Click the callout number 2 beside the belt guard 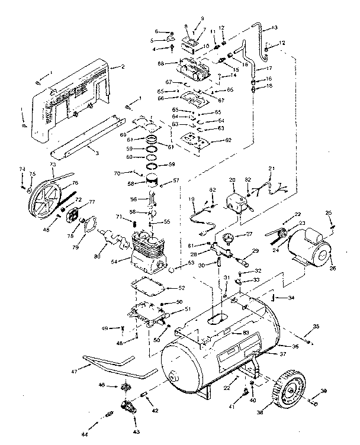click(122, 67)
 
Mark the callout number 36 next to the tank click(295, 346)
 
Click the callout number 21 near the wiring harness click(272, 169)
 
